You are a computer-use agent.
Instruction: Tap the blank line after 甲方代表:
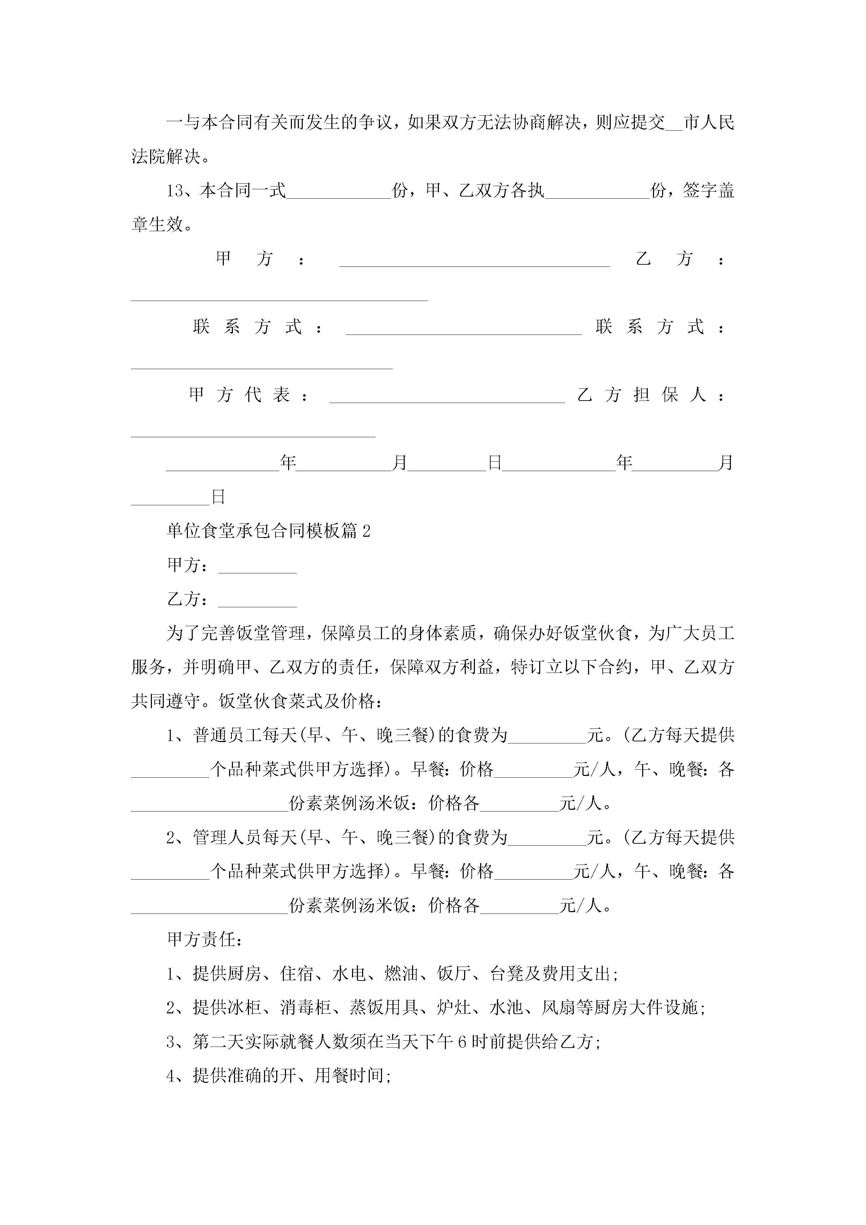pyautogui.click(x=447, y=396)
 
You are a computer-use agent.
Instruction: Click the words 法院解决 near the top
pyautogui.click(x=166, y=157)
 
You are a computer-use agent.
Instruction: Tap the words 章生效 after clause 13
pyautogui.click(x=157, y=225)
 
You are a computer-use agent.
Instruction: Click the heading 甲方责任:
pyautogui.click(x=205, y=940)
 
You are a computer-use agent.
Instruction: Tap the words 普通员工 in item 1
pyautogui.click(x=227, y=735)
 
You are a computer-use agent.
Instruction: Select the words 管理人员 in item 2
pyautogui.click(x=227, y=838)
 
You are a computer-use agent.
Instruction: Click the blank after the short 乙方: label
pyautogui.click(x=257, y=601)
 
